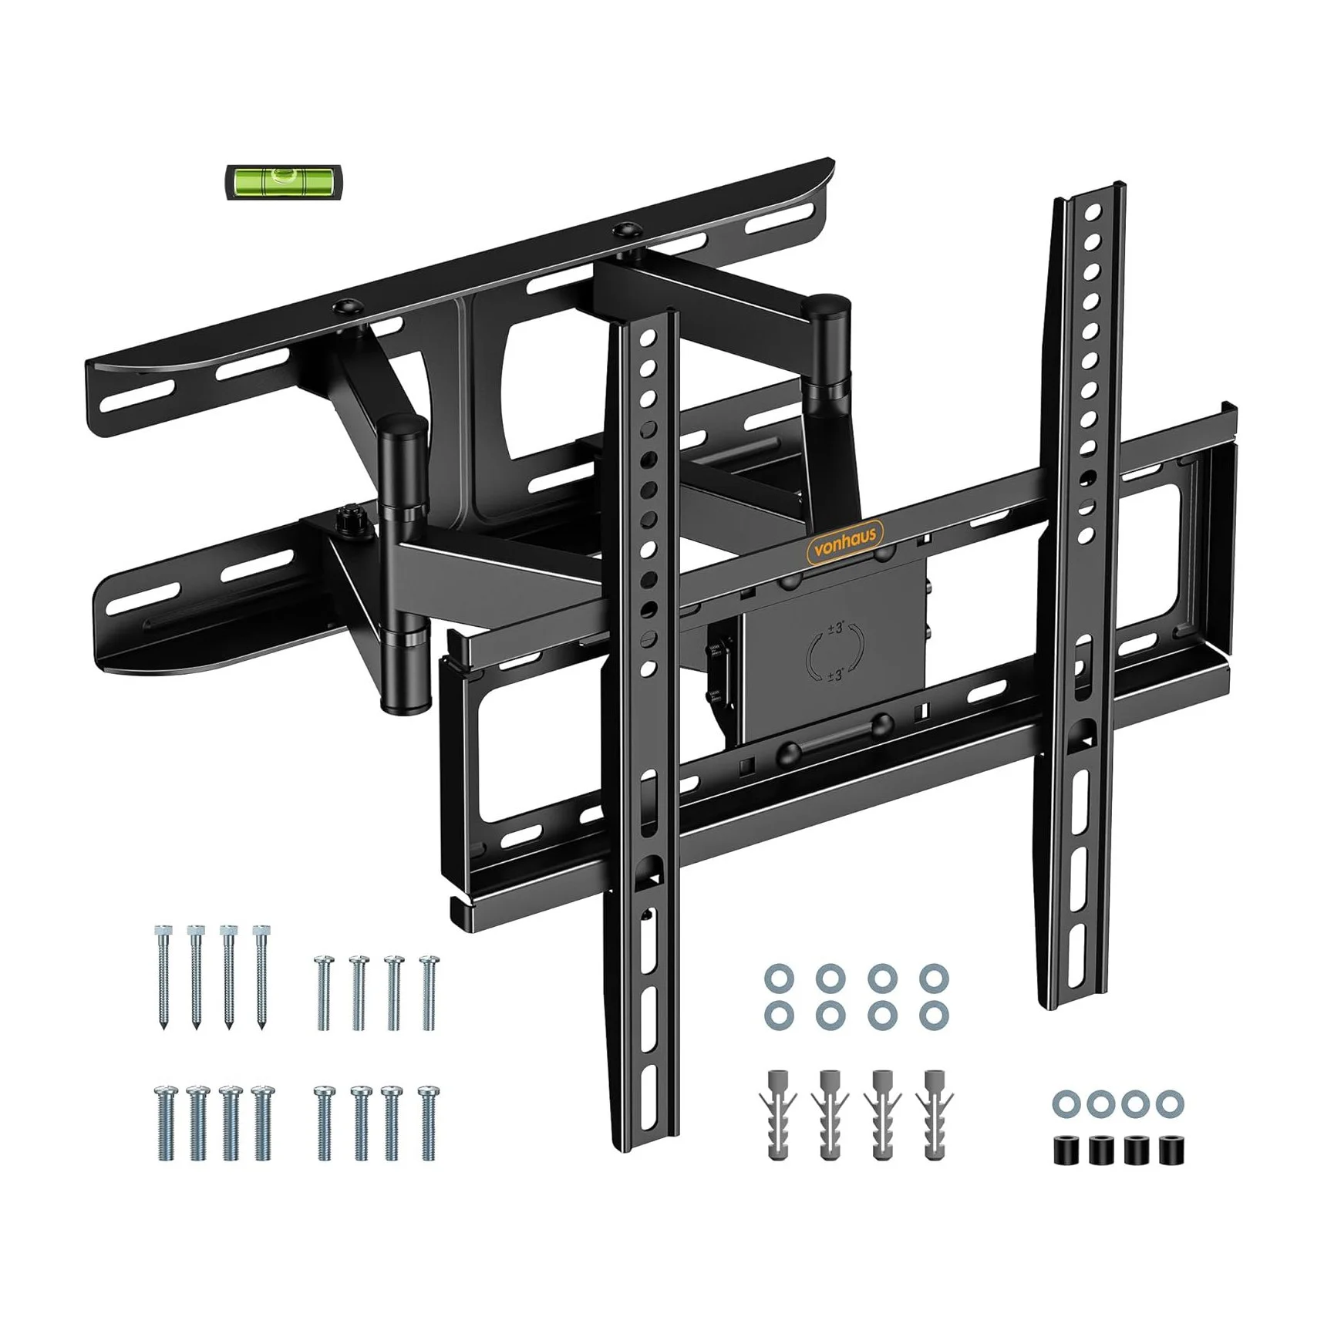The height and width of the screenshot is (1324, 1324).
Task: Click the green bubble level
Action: click(285, 182)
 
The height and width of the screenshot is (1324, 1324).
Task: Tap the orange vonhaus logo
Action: click(845, 535)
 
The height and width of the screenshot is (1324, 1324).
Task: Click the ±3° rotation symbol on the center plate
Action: click(835, 652)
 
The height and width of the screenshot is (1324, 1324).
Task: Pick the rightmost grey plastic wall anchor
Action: click(935, 1113)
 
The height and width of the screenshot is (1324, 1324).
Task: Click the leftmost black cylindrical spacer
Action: click(1066, 1150)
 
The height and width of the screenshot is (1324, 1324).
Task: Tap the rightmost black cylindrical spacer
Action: click(1171, 1150)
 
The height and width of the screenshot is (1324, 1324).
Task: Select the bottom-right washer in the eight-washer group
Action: click(934, 1015)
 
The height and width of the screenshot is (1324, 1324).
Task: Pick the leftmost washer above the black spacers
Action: click(1066, 1104)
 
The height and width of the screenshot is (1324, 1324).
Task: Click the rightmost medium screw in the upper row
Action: click(429, 992)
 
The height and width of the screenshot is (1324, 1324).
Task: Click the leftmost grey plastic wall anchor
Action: click(779, 1113)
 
